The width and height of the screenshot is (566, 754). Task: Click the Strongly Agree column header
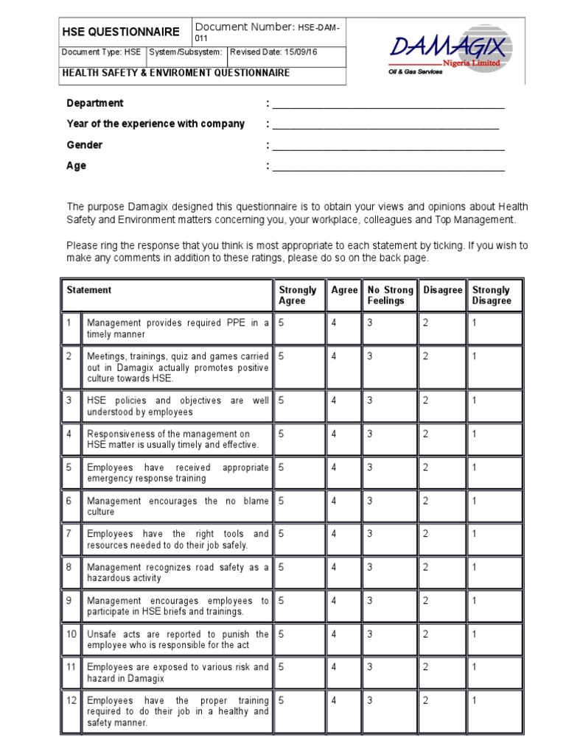298,295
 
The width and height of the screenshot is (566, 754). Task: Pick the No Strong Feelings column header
389,295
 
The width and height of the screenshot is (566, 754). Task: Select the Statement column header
89,290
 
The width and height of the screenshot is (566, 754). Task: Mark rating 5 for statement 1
282,323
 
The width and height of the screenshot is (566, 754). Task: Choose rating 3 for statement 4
371,434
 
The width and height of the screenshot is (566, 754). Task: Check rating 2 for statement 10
426,634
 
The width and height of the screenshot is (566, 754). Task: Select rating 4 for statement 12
334,700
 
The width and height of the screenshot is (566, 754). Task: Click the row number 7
69,534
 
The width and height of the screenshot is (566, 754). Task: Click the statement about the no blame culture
178,506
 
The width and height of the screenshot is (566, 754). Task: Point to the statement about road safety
178,573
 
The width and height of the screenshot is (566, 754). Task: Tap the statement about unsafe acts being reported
178,639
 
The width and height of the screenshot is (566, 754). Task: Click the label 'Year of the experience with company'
156,124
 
